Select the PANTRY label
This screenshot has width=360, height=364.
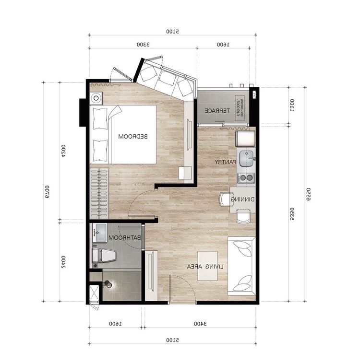[x=225, y=162]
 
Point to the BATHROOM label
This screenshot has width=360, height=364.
[x=125, y=238]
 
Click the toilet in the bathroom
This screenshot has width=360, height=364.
[x=105, y=256]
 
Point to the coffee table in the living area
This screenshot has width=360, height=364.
[x=207, y=266]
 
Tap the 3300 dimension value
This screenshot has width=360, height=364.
[x=142, y=44]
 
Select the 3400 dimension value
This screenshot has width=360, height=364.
[x=200, y=324]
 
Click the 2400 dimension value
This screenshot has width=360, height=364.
[x=63, y=261]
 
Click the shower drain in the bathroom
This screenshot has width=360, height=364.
[x=109, y=284]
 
